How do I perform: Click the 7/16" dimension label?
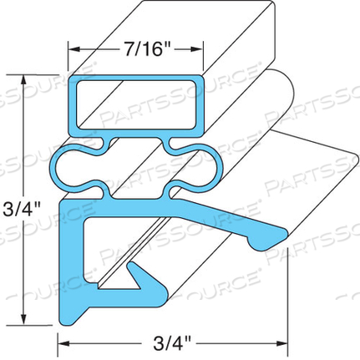coord(137,47)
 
